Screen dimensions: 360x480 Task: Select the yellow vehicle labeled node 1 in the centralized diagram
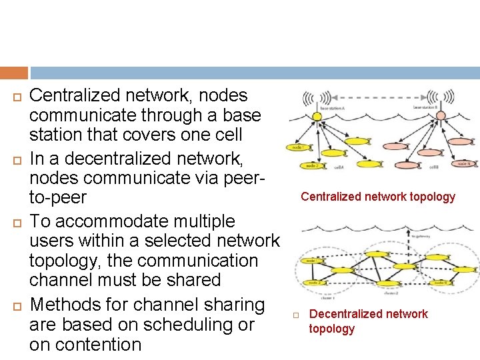298,147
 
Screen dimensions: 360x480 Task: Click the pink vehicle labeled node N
463,162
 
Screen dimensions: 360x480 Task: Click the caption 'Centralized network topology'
377,197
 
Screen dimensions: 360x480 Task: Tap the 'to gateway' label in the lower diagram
421,235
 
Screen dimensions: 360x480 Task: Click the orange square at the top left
14,73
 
